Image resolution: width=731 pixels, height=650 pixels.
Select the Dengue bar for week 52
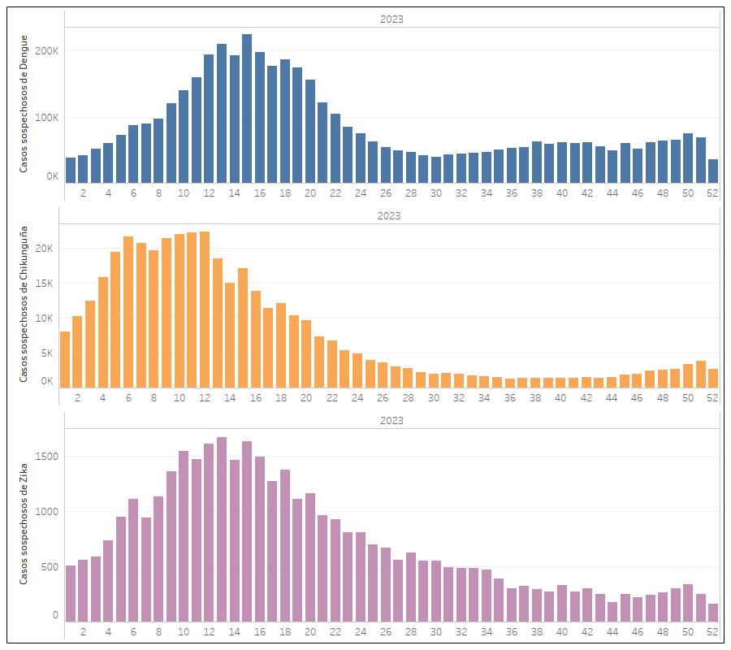[x=713, y=171]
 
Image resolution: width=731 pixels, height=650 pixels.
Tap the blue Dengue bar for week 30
[x=436, y=169]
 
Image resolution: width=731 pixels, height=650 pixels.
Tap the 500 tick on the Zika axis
[x=50, y=567]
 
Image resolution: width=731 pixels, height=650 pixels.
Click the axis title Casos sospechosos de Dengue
[x=24, y=103]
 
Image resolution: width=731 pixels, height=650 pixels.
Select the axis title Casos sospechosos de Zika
[x=24, y=522]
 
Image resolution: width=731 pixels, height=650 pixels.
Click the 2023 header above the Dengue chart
[x=391, y=19]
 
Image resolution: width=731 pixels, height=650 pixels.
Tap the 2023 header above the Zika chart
[x=391, y=421]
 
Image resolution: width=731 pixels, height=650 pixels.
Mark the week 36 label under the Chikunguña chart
[x=510, y=398]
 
